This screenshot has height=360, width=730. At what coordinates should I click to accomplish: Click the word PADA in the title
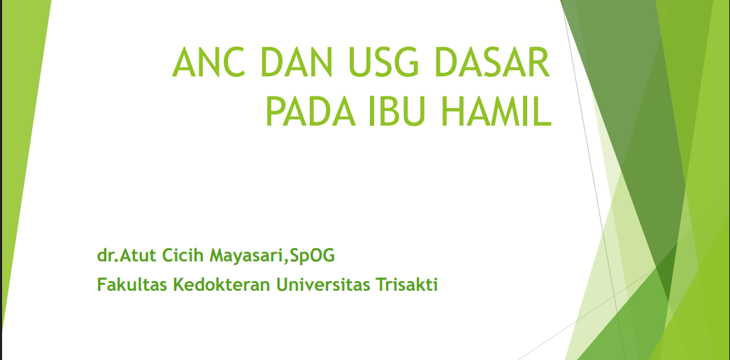coord(310,111)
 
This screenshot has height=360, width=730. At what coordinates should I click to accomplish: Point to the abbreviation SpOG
coord(312,256)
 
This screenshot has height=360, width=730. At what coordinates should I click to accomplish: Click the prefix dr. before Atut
coord(108,255)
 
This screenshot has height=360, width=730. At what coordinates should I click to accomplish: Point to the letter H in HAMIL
coord(452,111)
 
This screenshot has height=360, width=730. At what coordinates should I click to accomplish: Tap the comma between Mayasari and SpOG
coord(287,261)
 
